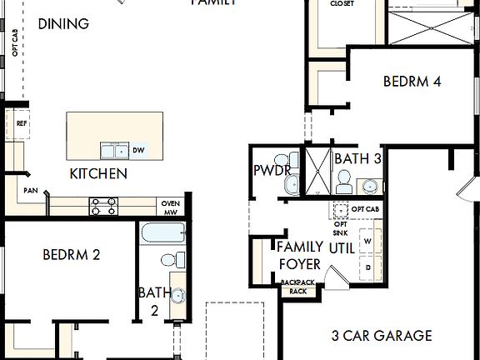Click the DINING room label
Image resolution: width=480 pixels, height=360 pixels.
pyautogui.click(x=63, y=23)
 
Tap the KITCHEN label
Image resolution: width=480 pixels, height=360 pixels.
pyautogui.click(x=98, y=173)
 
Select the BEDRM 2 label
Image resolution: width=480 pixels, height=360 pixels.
pyautogui.click(x=72, y=254)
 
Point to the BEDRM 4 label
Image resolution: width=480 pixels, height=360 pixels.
pyautogui.click(x=412, y=82)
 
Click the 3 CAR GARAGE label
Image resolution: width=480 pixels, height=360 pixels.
pyautogui.click(x=382, y=336)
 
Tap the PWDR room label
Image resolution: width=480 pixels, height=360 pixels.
pyautogui.click(x=272, y=171)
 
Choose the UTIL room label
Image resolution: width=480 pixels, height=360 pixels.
pyautogui.click(x=342, y=248)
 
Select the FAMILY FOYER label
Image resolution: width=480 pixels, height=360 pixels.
pyautogui.click(x=300, y=255)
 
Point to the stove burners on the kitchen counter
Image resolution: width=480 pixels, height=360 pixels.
pyautogui.click(x=103, y=206)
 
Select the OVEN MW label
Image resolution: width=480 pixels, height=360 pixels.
pyautogui.click(x=170, y=207)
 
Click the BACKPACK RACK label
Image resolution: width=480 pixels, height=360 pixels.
pyautogui.click(x=298, y=287)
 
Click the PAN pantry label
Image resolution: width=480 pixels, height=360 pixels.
pyautogui.click(x=31, y=190)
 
